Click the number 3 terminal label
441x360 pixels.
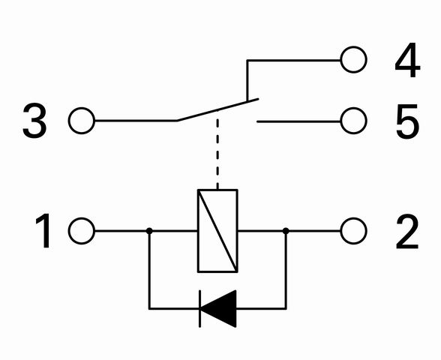pyautogui.click(x=34, y=121)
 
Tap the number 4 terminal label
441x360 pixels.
pyautogui.click(x=407, y=60)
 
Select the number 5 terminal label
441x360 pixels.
pyautogui.click(x=407, y=121)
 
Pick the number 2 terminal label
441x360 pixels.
pyautogui.click(x=407, y=232)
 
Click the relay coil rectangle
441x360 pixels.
pyautogui.click(x=198, y=231)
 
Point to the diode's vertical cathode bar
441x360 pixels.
pyautogui.click(x=199, y=309)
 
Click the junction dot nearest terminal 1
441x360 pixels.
pyautogui.click(x=149, y=231)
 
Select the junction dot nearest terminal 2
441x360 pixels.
pyautogui.click(x=286, y=231)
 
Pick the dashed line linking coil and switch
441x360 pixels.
pyautogui.click(x=217, y=150)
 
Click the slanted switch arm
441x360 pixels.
pyautogui.click(x=217, y=109)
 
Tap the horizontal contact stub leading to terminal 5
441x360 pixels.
pyautogui.click(x=298, y=121)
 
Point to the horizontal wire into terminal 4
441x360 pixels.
pyautogui.click(x=294, y=60)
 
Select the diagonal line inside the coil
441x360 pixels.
pyautogui.click(x=217, y=231)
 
